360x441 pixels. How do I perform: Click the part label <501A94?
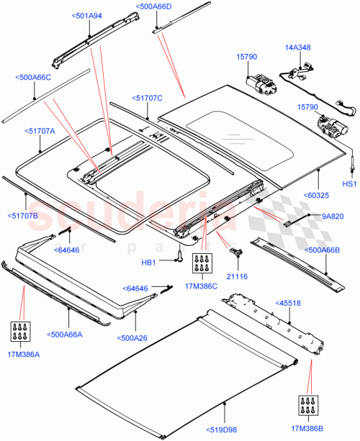[87, 14]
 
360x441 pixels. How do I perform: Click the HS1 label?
[348, 184]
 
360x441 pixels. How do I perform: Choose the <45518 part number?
[289, 304]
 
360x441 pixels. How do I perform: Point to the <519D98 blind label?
[226, 430]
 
